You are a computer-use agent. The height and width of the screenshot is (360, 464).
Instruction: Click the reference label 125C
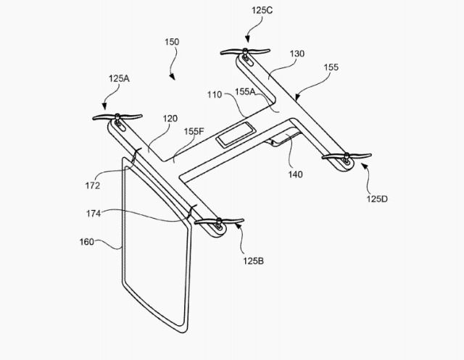pyautogui.click(x=262, y=10)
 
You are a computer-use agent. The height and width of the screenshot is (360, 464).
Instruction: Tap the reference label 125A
pyautogui.click(x=119, y=79)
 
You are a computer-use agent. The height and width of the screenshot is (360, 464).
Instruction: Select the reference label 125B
pyautogui.click(x=253, y=261)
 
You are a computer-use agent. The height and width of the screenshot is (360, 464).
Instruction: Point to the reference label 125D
pyautogui.click(x=377, y=198)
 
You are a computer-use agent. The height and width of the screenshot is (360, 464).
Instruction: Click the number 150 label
pyautogui.click(x=172, y=42)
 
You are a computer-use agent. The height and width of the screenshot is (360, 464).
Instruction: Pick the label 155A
pyautogui.click(x=245, y=91)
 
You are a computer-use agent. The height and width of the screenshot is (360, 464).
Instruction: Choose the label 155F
pyautogui.click(x=194, y=131)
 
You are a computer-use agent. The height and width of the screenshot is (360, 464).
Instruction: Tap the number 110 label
pyautogui.click(x=215, y=95)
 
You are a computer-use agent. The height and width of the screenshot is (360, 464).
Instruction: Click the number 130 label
pyautogui.click(x=297, y=54)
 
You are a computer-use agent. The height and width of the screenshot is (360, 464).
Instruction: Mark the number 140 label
pyautogui.click(x=296, y=175)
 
